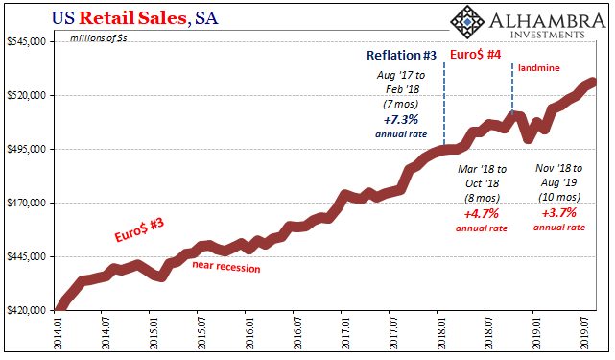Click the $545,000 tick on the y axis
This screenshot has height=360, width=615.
click(x=26, y=41)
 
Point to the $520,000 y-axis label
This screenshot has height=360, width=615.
click(x=26, y=95)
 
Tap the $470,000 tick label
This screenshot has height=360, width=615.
click(x=26, y=203)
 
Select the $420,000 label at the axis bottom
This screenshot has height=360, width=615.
click(x=26, y=310)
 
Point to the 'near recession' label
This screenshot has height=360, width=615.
click(x=226, y=268)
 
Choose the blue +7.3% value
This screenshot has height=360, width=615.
click(x=400, y=120)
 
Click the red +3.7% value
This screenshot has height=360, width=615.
click(x=558, y=213)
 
